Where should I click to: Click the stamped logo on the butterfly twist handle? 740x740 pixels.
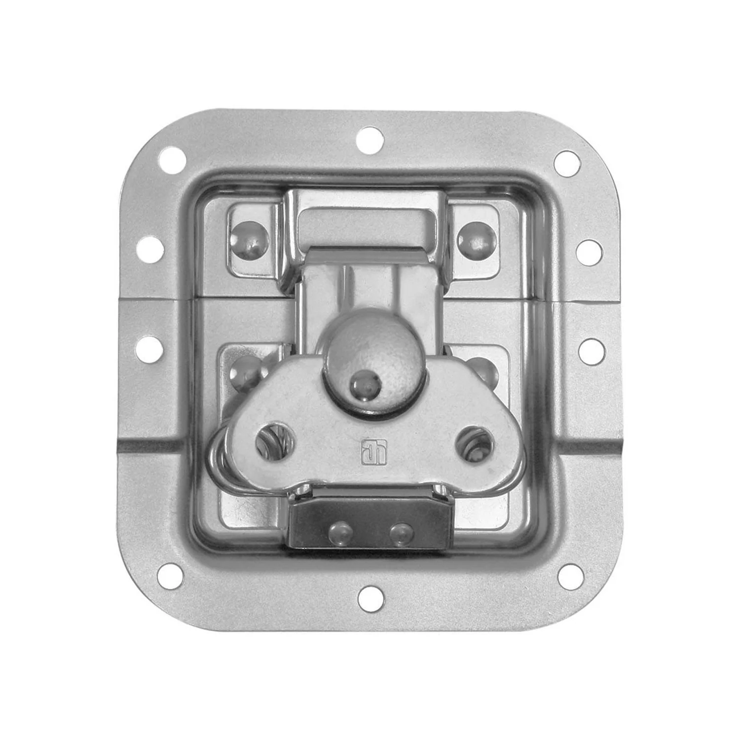pos(369,451)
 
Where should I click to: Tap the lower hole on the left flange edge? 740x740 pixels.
pos(149,349)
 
